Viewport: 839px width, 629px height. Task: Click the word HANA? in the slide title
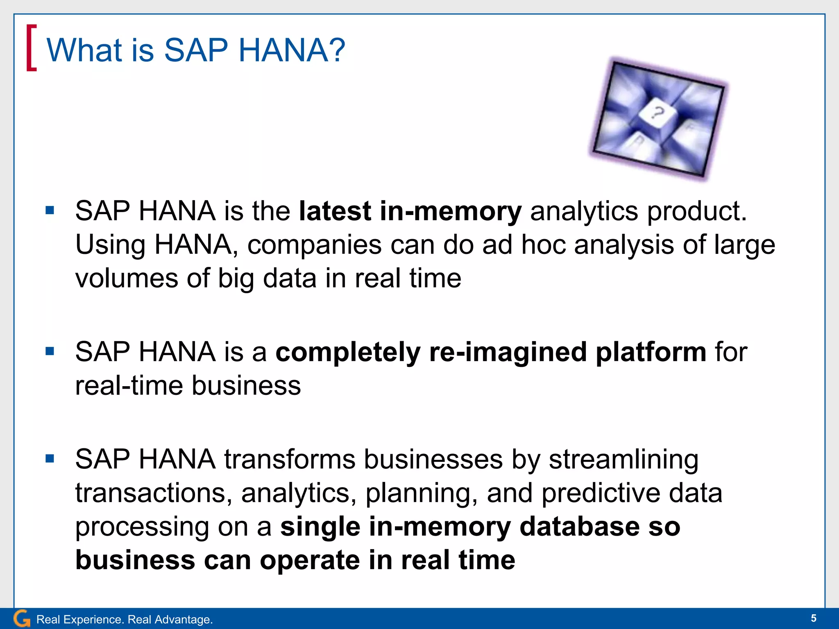click(292, 50)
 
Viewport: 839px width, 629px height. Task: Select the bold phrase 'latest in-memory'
click(410, 212)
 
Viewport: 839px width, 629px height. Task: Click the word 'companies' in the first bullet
click(314, 245)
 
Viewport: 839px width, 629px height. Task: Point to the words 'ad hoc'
click(524, 245)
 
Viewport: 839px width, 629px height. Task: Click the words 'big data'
click(267, 279)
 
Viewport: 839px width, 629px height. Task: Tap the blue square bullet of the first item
click(50, 211)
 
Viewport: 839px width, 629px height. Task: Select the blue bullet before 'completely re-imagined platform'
click(50, 351)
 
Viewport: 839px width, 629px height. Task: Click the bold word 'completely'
click(348, 352)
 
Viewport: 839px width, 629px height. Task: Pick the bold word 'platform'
click(651, 352)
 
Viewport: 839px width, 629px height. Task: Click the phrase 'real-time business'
click(188, 386)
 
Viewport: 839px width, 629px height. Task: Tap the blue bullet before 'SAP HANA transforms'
click(50, 459)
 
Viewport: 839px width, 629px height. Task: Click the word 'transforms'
click(289, 459)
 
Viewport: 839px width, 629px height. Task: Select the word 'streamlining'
click(624, 459)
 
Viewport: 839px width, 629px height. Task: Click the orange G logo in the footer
click(22, 618)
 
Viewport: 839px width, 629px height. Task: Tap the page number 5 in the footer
click(813, 618)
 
